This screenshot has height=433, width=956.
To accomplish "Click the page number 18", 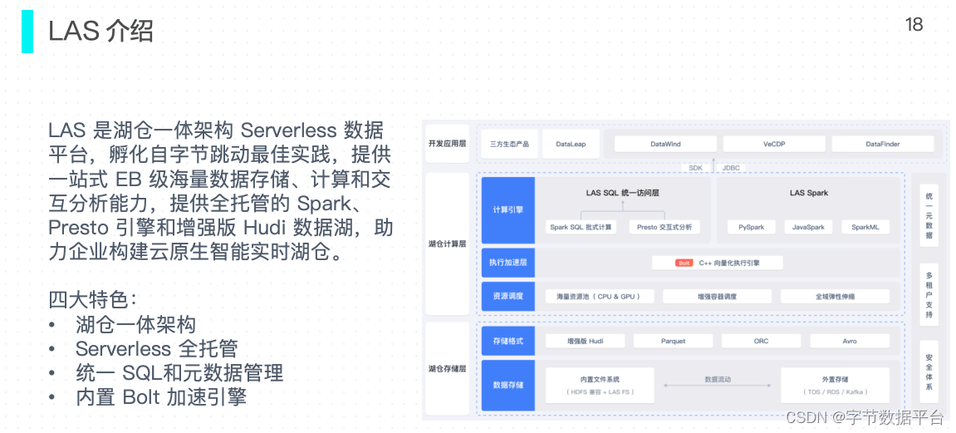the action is point(914,25).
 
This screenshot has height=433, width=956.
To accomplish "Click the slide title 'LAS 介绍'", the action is point(101,31).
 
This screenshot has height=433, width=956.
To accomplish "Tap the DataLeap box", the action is point(571,144).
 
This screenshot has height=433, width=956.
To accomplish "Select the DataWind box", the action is point(665,144).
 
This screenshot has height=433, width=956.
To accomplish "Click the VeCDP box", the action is point(773,144).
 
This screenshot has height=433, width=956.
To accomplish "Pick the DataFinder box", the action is point(882,144).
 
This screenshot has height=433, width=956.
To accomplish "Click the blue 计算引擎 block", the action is point(507,209).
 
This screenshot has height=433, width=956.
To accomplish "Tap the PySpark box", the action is point(752,226).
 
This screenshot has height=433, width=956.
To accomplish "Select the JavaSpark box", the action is point(808,226).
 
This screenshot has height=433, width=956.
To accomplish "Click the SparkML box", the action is point(865,226).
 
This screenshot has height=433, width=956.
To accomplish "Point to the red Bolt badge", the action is point(684,263).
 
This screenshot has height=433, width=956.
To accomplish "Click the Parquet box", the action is point(673,341).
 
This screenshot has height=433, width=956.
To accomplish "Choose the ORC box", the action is point(761,341).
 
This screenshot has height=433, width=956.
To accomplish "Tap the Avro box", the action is point(849,341).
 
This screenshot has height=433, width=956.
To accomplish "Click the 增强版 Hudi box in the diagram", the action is point(585,341).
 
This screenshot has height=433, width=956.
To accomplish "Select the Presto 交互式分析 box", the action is point(664,226).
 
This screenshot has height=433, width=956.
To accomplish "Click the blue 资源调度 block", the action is point(507,296).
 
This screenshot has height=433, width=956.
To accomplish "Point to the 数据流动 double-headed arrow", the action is point(717,386).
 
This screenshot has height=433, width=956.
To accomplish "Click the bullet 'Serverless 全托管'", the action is point(156,348).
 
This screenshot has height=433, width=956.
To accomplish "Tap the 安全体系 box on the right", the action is point(929,371).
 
